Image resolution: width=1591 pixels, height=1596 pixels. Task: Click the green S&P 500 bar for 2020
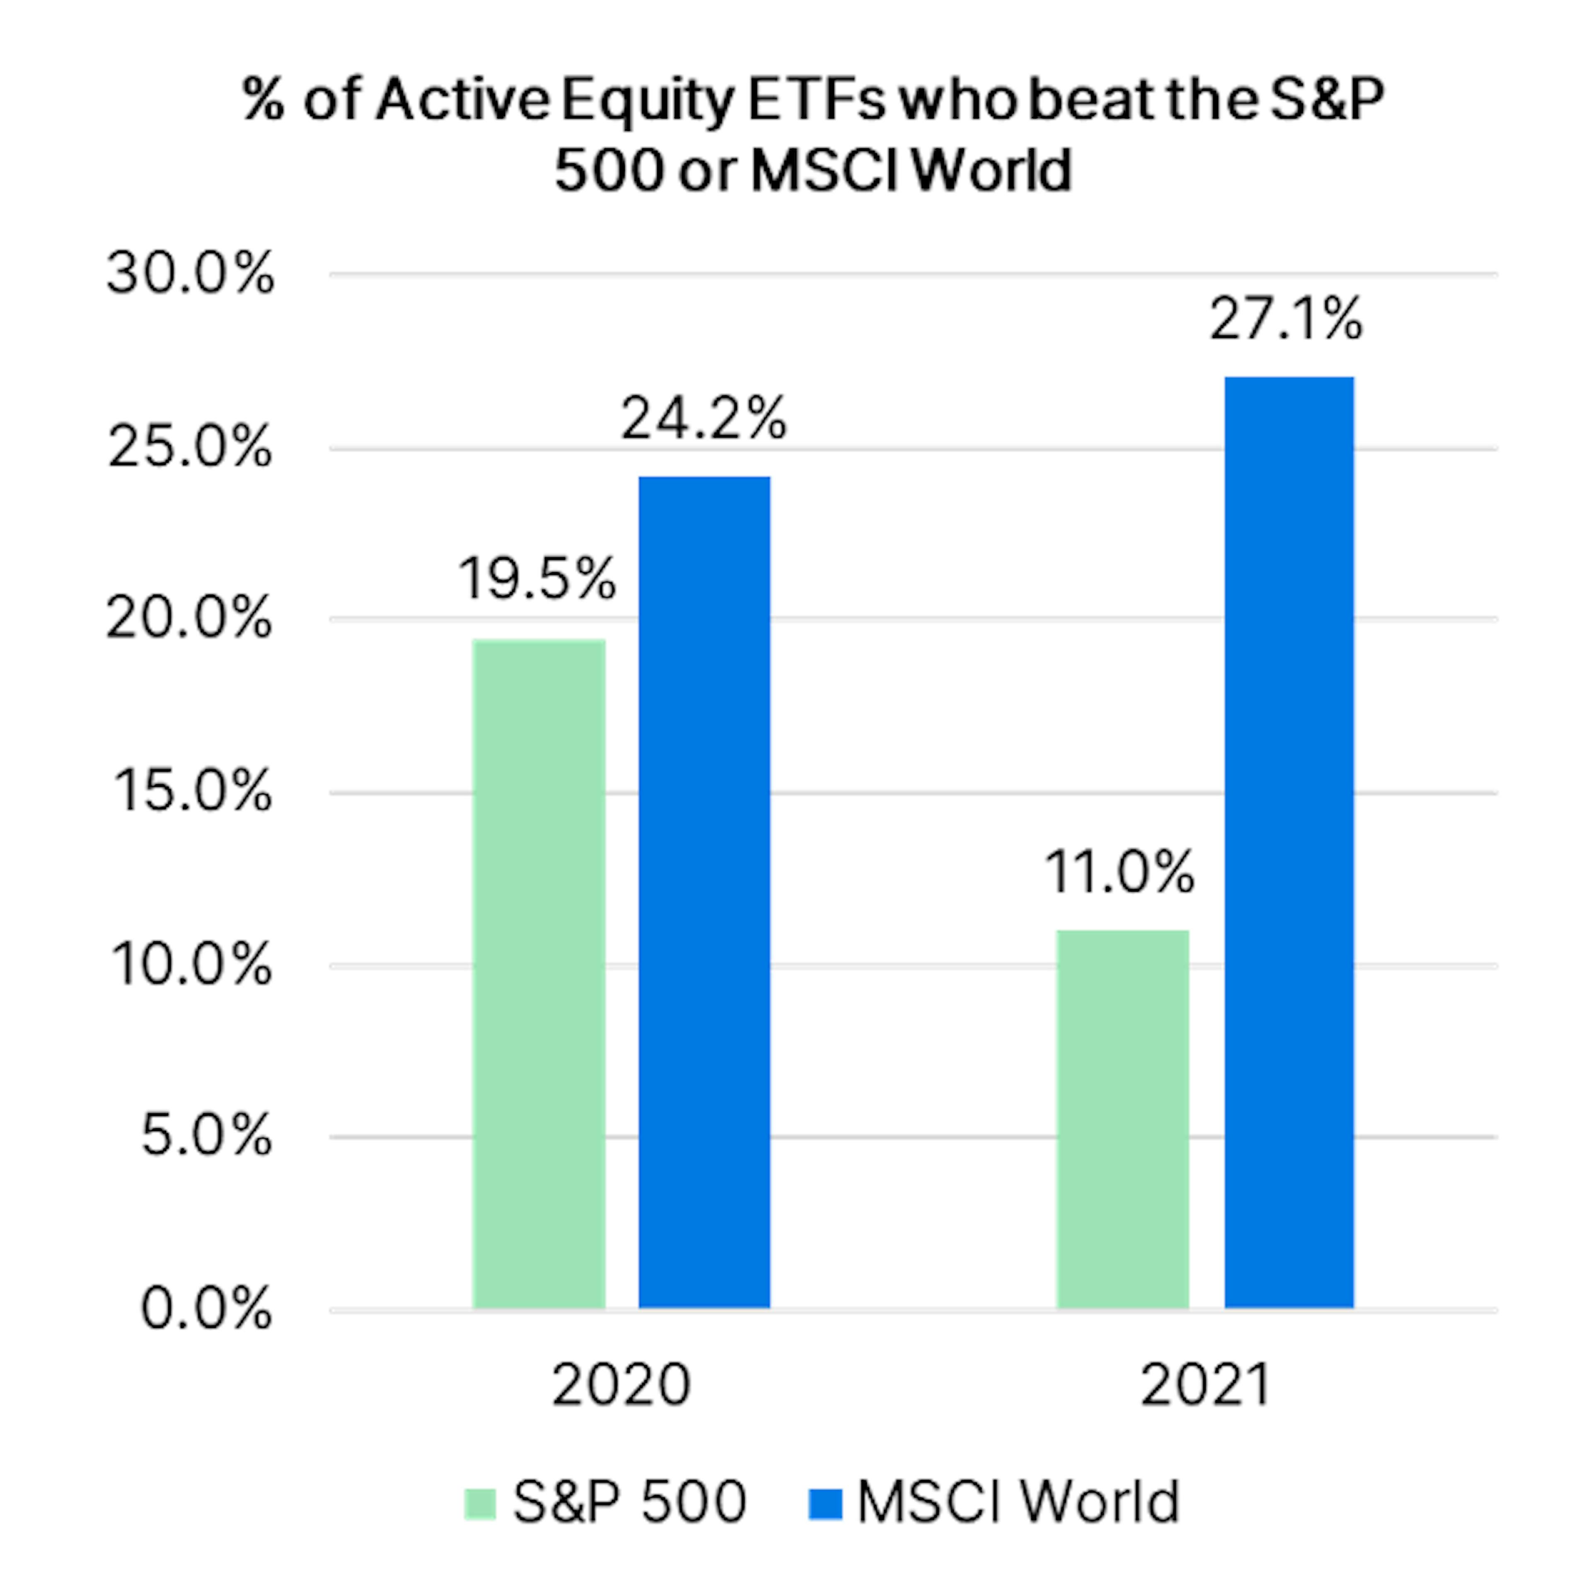click(539, 975)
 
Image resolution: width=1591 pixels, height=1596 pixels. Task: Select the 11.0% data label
click(1120, 872)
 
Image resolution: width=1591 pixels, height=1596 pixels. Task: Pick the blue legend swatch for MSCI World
click(825, 1504)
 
